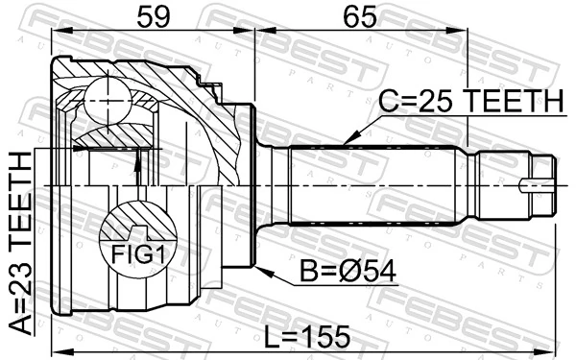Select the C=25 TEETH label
coord(469,100)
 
